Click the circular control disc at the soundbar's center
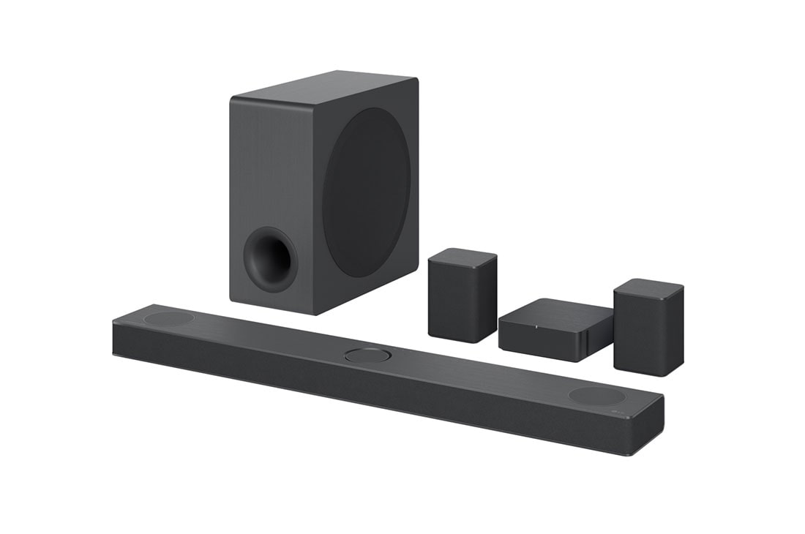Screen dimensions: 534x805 pos(367,356)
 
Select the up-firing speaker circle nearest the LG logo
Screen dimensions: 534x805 pos(597,396)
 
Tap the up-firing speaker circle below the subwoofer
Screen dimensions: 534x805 pos(169,318)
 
